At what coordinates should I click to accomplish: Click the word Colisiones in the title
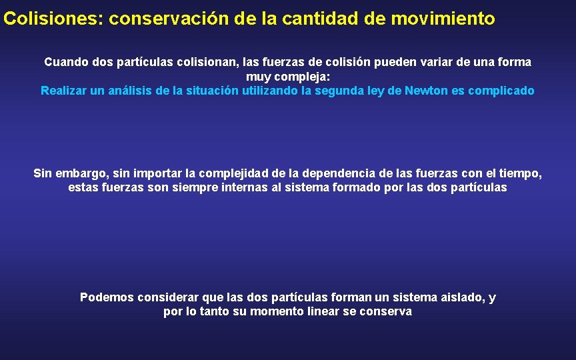coord(50,19)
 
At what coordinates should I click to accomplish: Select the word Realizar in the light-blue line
coord(63,91)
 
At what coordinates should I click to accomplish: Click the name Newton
coord(427,91)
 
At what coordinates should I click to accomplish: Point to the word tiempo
coord(521,173)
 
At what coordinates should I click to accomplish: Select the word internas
coord(245,187)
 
